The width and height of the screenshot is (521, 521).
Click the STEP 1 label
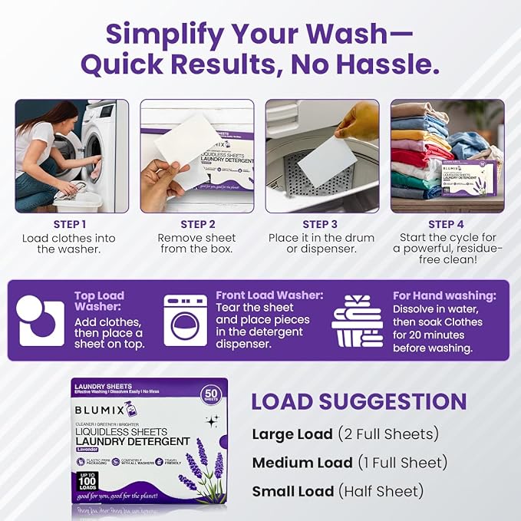coord(71,224)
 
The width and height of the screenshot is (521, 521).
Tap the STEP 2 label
coord(197,224)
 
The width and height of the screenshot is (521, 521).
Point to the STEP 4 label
coord(447,224)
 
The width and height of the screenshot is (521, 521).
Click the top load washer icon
coord(41,320)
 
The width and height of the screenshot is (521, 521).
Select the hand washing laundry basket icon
coord(358,321)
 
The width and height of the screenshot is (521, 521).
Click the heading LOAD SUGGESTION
coord(359,401)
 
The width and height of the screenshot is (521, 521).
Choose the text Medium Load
coord(302,462)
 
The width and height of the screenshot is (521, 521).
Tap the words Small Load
coord(292,491)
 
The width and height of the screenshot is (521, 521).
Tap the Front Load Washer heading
coord(269,295)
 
